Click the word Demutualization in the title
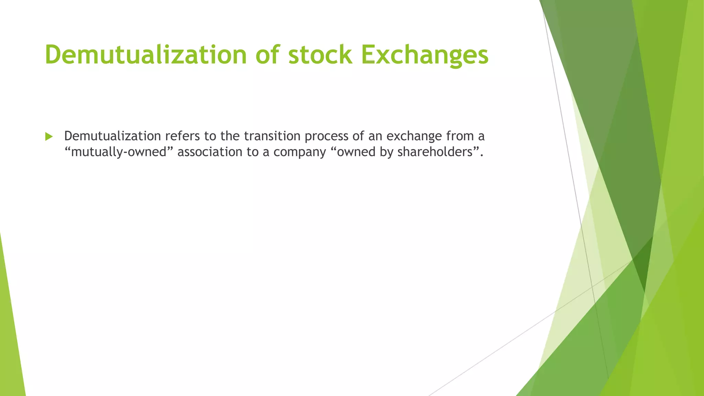[146, 55]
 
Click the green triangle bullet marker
[49, 137]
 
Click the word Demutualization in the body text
[112, 136]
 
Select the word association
[210, 152]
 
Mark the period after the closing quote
[482, 155]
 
